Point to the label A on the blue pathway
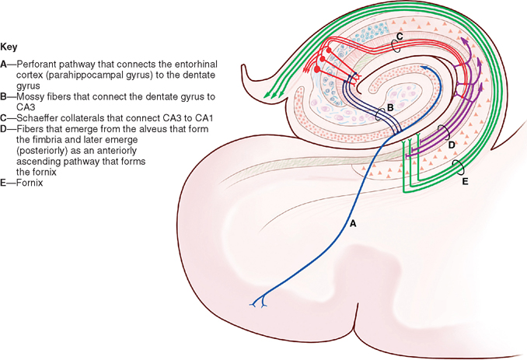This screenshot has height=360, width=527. pos(353,222)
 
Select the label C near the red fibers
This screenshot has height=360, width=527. pos(398,37)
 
